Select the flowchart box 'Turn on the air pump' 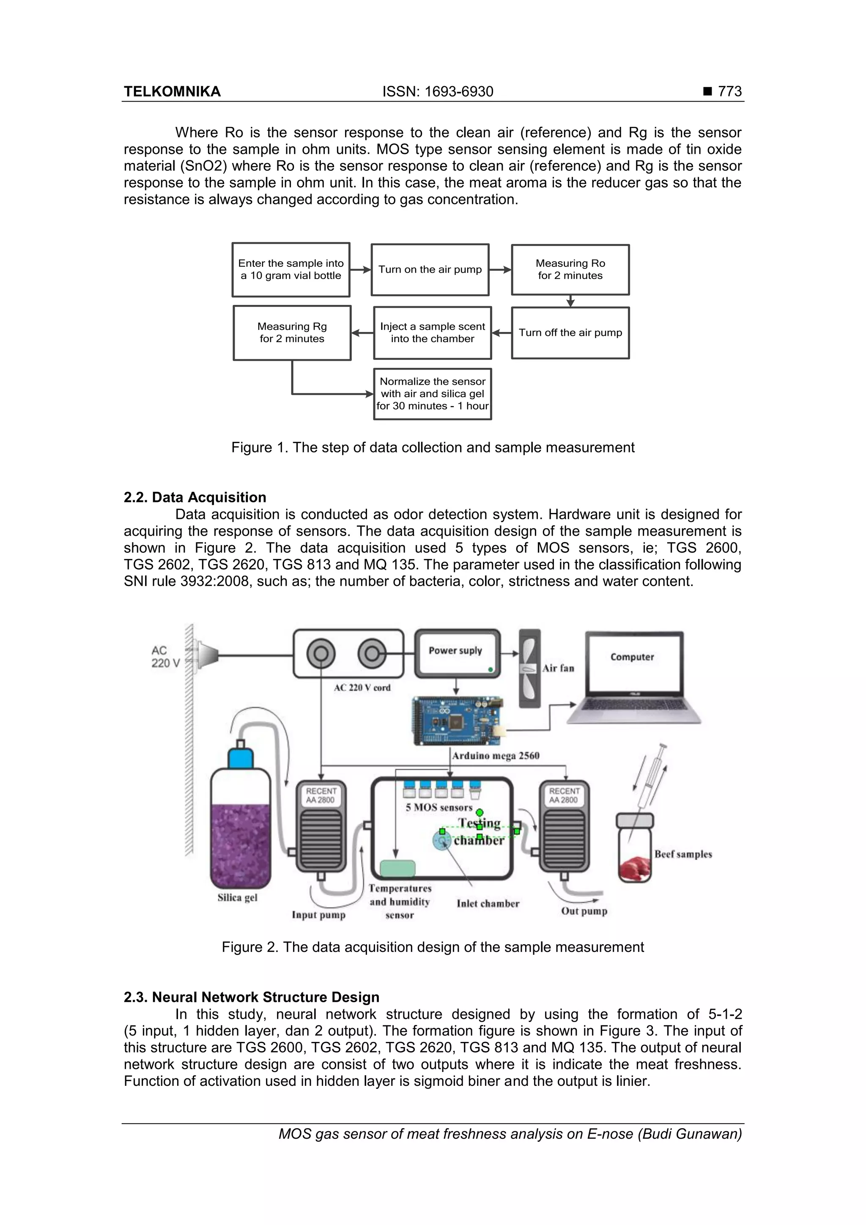click(x=430, y=269)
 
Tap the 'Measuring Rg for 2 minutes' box click(x=292, y=332)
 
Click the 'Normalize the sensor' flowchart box click(x=432, y=394)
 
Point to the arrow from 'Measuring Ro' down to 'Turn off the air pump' click(x=570, y=301)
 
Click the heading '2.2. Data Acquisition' click(x=195, y=497)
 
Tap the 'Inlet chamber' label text click(x=488, y=903)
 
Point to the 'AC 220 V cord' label click(x=362, y=688)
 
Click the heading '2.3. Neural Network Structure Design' click(x=251, y=997)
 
